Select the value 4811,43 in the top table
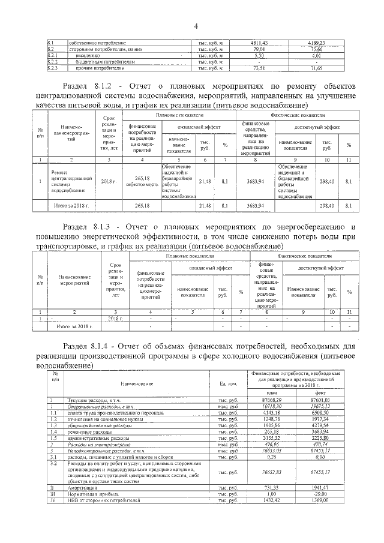point(266,43)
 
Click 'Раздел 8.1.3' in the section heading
point(89,227)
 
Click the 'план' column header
point(273,391)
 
